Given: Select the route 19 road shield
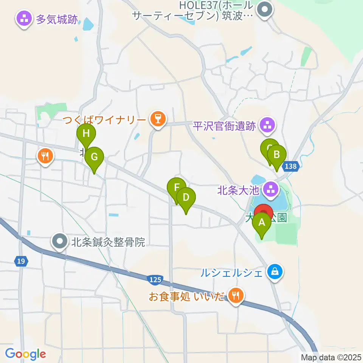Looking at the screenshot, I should [21, 261].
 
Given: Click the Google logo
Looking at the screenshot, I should [25, 354].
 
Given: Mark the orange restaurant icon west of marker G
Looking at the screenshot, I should [45, 156].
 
